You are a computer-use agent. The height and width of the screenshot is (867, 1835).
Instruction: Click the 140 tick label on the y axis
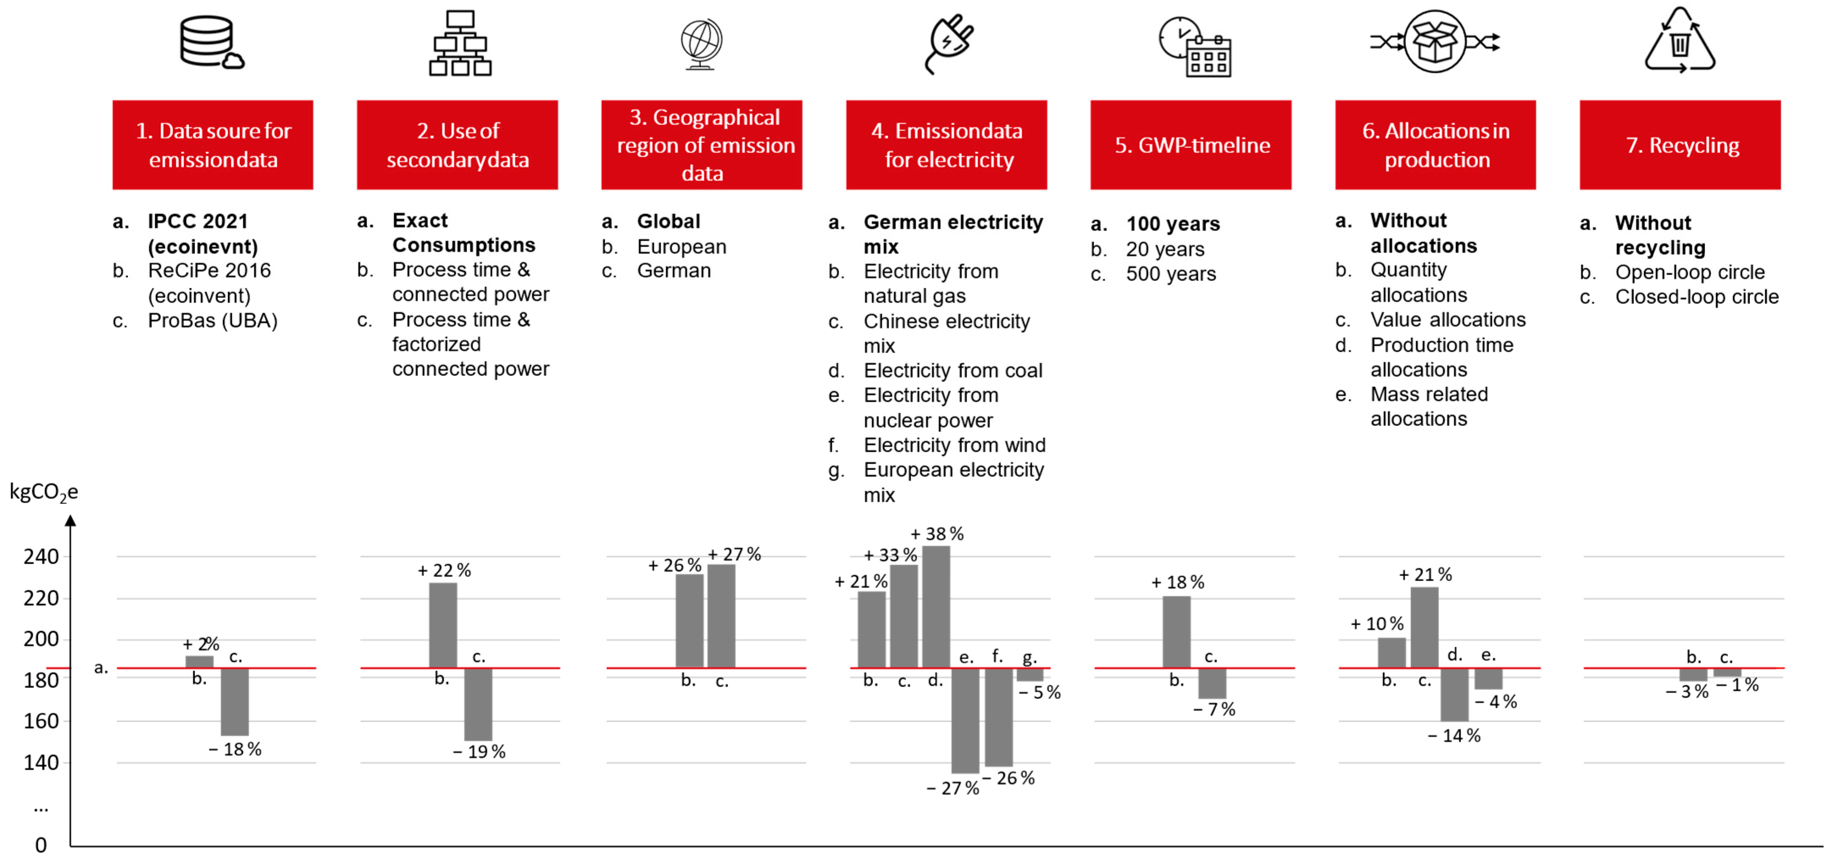(x=41, y=763)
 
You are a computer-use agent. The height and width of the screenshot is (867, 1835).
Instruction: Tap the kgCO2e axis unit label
(x=44, y=492)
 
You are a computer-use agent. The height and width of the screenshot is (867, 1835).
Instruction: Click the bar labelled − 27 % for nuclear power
(x=965, y=720)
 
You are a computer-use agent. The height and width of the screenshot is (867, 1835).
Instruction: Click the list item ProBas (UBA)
(x=212, y=321)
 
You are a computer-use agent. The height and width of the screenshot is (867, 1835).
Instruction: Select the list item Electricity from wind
(x=954, y=445)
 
